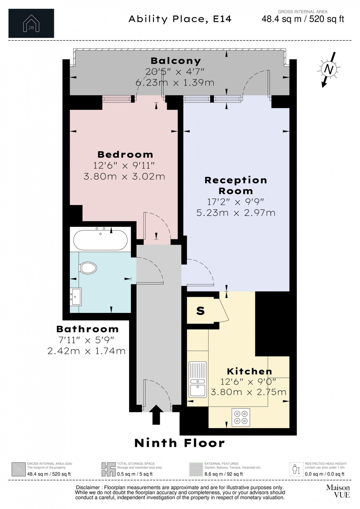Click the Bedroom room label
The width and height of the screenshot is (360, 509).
tap(125, 155)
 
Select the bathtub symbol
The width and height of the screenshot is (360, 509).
tap(100, 240)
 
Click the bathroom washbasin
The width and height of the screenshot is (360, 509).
tap(75, 297)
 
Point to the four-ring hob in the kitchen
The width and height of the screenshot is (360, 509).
tap(241, 417)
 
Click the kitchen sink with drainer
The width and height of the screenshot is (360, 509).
tap(198, 380)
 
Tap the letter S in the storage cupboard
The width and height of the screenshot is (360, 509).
tap(200, 311)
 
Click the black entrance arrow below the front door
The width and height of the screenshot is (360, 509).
tap(156, 414)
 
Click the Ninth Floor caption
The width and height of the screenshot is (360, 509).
tap(179, 443)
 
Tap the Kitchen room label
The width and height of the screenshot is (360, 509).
tap(250, 371)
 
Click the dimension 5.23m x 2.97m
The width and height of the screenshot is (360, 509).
tap(236, 213)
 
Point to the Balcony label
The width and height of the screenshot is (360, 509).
tap(176, 61)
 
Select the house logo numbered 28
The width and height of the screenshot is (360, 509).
tap(31, 23)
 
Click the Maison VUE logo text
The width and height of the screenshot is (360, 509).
tap(338, 491)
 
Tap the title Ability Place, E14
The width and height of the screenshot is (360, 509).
tap(180, 19)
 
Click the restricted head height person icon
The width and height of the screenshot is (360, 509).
tap(296, 469)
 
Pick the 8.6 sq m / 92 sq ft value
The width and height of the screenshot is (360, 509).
tap(223, 474)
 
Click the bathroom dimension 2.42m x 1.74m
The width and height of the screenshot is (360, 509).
tap(86, 351)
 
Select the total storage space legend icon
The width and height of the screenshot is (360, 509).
tap(108, 469)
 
